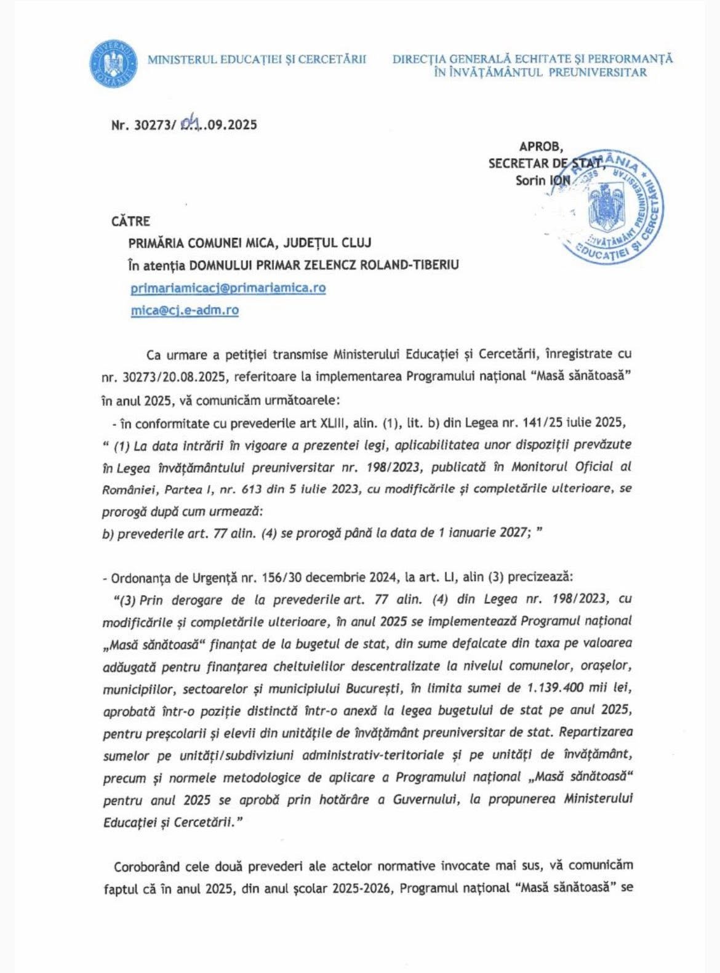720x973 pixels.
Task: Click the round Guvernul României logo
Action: (x=111, y=64)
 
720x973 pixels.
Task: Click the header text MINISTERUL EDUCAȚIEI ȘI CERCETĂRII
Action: (x=257, y=60)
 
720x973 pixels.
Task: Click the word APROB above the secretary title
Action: (x=540, y=146)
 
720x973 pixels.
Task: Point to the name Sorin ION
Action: (x=543, y=180)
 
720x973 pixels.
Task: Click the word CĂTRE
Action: (x=130, y=221)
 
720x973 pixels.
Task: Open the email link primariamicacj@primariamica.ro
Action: (x=228, y=287)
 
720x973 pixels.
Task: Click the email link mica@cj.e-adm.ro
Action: (x=184, y=310)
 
